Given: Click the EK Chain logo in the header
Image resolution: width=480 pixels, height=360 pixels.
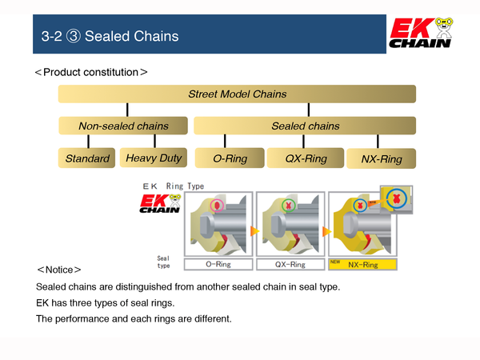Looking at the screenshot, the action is click(x=421, y=33).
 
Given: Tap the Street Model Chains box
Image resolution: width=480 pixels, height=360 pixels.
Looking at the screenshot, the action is click(x=237, y=94).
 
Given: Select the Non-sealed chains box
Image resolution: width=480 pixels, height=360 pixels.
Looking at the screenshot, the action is click(x=123, y=126).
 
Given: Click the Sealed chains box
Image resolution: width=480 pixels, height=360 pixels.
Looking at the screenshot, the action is click(x=305, y=126).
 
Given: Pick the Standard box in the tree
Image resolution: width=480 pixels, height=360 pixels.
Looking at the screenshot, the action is click(x=87, y=158).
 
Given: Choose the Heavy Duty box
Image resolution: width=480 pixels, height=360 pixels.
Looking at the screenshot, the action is click(x=154, y=158).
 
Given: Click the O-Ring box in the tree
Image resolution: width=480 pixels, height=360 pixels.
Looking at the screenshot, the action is click(x=230, y=158).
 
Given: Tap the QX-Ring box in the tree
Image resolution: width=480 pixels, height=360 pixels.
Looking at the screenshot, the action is click(x=306, y=158).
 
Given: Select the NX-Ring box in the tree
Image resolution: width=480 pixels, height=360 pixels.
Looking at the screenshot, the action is click(x=382, y=158).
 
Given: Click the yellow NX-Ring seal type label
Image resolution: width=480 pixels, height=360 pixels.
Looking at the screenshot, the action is click(x=362, y=265).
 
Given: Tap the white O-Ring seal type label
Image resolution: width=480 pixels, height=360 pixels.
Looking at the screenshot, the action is click(x=218, y=265).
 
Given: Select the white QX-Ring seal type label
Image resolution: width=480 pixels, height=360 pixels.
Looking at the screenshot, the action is click(x=290, y=265).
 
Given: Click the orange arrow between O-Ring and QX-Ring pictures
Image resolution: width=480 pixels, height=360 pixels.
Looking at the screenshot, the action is click(x=254, y=231).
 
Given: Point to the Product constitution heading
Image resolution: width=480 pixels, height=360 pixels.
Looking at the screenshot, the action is click(x=91, y=72).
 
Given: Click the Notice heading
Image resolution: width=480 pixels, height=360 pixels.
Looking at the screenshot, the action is click(x=58, y=270).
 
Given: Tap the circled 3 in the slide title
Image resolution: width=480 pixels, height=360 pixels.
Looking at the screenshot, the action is click(x=74, y=36).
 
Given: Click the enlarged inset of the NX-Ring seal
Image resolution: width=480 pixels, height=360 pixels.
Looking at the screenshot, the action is click(x=397, y=199).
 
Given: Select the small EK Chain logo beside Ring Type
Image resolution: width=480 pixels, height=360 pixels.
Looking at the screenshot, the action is click(x=160, y=203).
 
